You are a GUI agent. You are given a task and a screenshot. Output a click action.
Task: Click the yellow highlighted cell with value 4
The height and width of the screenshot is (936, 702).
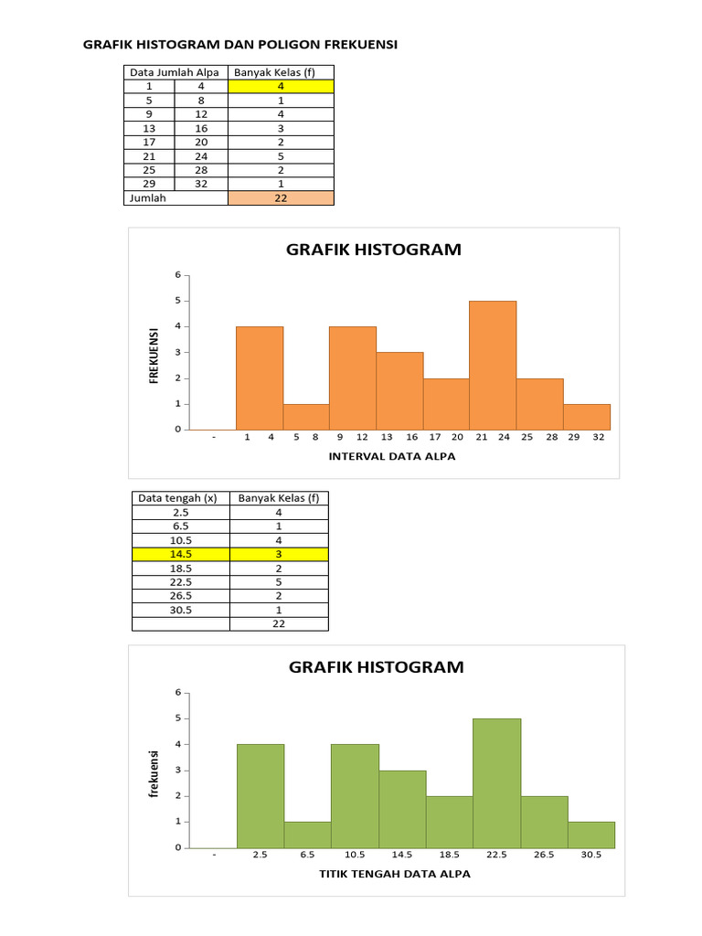[281, 86]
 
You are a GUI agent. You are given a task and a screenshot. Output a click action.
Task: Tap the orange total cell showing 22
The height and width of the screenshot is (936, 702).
[281, 197]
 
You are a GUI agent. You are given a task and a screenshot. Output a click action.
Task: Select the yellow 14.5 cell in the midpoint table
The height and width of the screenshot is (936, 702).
[180, 554]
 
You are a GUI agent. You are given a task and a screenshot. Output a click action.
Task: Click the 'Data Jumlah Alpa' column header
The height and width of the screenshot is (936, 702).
[175, 72]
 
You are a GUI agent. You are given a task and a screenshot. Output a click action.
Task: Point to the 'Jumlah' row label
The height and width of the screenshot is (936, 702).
[148, 197]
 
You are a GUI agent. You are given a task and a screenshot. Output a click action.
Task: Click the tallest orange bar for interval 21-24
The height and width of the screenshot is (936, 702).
[493, 366]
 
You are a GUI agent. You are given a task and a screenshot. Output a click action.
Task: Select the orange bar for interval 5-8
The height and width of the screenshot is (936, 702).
[306, 417]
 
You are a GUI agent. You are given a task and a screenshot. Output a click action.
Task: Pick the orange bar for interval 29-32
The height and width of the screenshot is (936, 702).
[586, 417]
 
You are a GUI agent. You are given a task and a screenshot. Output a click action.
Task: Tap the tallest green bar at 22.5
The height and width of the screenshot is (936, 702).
[496, 783]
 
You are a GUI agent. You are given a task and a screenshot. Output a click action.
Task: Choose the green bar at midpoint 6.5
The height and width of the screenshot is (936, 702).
[307, 835]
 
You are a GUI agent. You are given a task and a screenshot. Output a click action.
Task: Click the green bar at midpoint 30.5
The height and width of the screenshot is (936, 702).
[591, 835]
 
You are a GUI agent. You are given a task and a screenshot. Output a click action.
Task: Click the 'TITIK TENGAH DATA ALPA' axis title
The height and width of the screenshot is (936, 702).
[394, 875]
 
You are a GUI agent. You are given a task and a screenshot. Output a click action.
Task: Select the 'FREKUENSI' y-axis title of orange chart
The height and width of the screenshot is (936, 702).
[155, 355]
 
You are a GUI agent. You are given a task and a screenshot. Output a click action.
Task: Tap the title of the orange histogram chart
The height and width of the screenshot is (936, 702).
[373, 250]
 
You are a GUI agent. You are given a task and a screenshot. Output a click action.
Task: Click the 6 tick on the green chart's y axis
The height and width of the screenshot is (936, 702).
[178, 692]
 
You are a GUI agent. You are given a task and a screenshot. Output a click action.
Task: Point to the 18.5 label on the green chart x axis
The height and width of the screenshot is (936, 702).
[449, 856]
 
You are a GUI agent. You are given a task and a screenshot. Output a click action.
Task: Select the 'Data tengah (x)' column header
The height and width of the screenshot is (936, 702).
[178, 498]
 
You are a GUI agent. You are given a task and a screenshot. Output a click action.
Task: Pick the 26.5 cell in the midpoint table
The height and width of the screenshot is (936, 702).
[180, 595]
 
